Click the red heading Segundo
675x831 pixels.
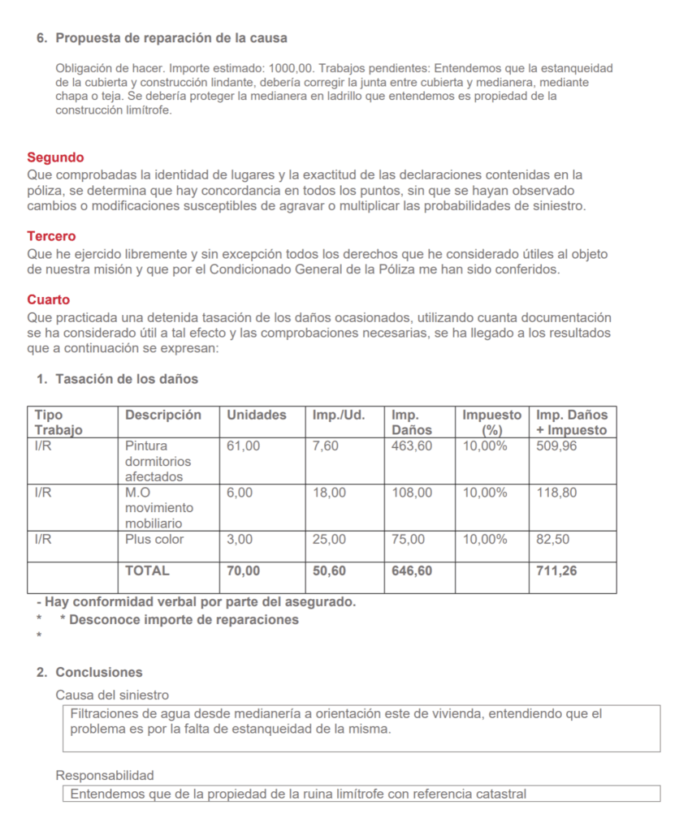coord(55,157)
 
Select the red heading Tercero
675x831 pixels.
coord(51,236)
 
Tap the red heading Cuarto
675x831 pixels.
coord(48,299)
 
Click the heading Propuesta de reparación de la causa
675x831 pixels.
coord(171,38)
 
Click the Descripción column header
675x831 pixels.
coord(162,415)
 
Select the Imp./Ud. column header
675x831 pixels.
coord(339,415)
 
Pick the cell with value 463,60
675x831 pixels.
coord(412,446)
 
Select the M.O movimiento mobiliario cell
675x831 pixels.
coord(158,507)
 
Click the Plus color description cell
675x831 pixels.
coord(154,539)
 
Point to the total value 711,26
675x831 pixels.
coord(557,571)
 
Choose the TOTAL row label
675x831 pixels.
coord(147,571)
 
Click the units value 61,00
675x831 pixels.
coord(244,446)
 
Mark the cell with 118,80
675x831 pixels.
coord(556,493)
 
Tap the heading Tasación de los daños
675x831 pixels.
coord(126,379)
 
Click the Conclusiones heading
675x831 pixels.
coord(98,672)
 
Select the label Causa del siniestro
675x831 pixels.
coord(112,695)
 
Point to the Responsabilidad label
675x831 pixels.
coord(104,775)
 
